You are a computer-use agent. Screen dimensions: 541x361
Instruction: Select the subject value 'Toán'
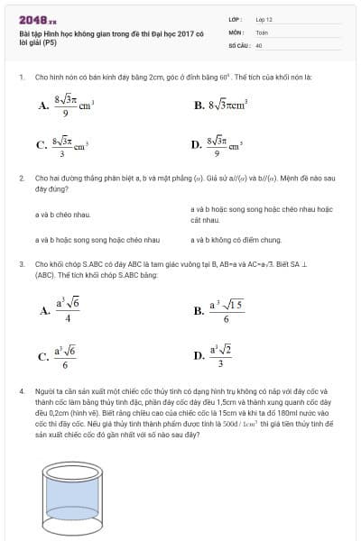click(x=262, y=32)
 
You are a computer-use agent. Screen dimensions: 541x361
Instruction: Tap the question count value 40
click(x=259, y=44)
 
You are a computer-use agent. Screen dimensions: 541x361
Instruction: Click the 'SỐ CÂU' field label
click(x=237, y=44)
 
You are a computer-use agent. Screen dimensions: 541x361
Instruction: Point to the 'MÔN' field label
click(x=236, y=32)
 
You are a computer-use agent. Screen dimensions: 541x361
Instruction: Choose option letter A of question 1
click(x=43, y=105)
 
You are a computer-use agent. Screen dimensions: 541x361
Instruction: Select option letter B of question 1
click(x=199, y=105)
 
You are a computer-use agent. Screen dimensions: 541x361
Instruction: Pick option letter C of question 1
click(x=42, y=144)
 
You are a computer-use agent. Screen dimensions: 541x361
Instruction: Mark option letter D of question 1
click(x=197, y=144)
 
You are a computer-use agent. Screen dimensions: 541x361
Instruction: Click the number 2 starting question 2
click(x=20, y=179)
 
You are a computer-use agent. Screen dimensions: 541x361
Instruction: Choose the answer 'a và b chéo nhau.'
click(x=63, y=215)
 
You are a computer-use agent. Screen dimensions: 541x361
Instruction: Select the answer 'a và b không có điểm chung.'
click(x=236, y=241)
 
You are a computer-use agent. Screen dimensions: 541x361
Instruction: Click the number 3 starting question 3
click(x=20, y=264)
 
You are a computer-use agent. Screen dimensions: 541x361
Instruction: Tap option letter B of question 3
click(x=199, y=311)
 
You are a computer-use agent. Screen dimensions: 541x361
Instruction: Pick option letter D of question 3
click(x=199, y=355)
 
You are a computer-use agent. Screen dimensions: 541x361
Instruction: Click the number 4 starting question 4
click(x=20, y=392)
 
